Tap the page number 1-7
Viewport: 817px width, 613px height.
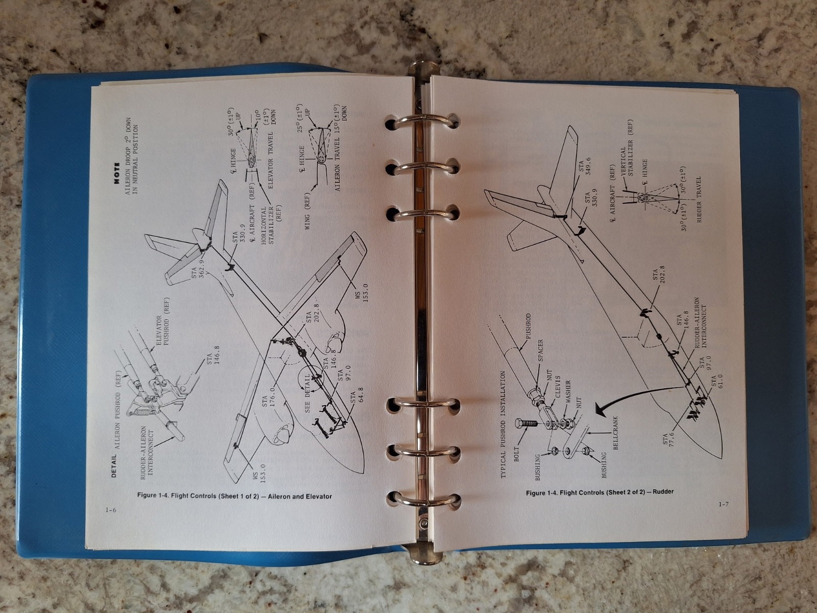[723, 505]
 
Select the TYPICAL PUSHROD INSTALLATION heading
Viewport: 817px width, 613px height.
[504, 424]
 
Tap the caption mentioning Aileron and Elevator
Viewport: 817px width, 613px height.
[234, 496]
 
